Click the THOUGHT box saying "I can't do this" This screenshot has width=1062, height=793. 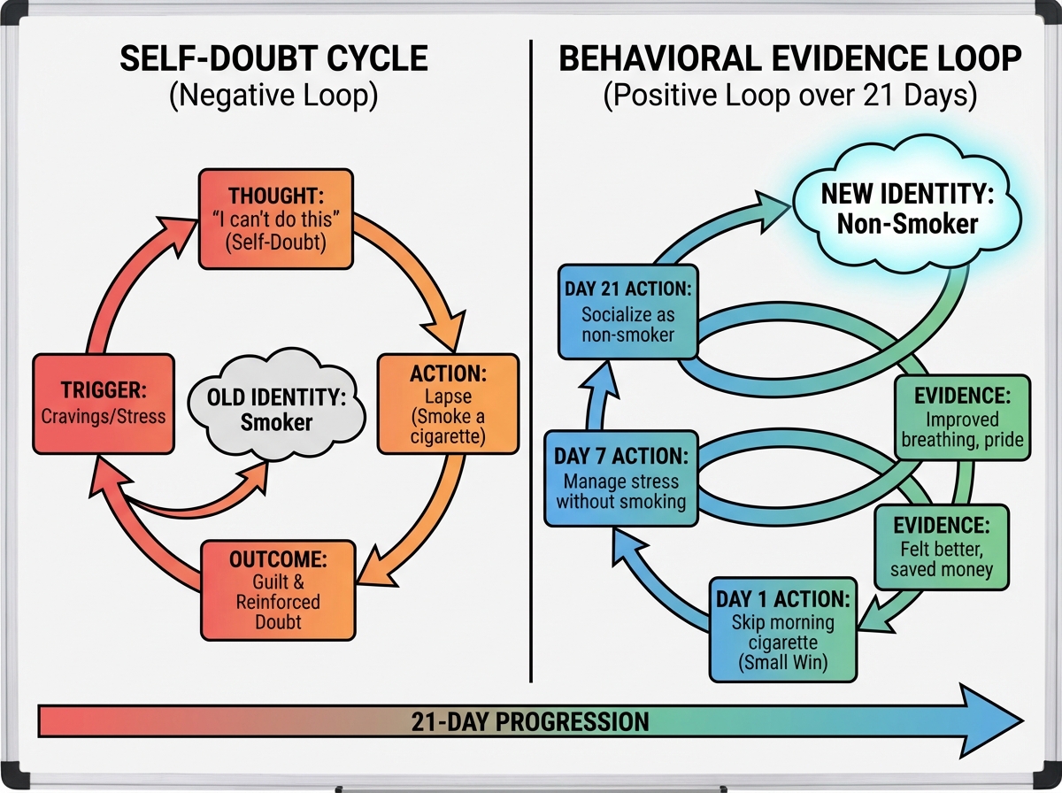pos(276,218)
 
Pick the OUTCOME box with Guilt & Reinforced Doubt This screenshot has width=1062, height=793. pos(278,589)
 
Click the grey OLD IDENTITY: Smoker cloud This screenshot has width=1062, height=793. pos(277,410)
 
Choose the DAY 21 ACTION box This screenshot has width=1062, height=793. pos(627,311)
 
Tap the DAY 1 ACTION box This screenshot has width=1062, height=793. pos(782,629)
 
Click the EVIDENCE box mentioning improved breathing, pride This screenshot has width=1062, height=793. pos(963,417)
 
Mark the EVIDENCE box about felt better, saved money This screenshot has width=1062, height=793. pos(942,547)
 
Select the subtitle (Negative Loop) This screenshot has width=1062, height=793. pos(273,95)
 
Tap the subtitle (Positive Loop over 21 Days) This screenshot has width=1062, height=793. pos(789,95)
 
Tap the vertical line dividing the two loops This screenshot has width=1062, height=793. pos(531,354)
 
